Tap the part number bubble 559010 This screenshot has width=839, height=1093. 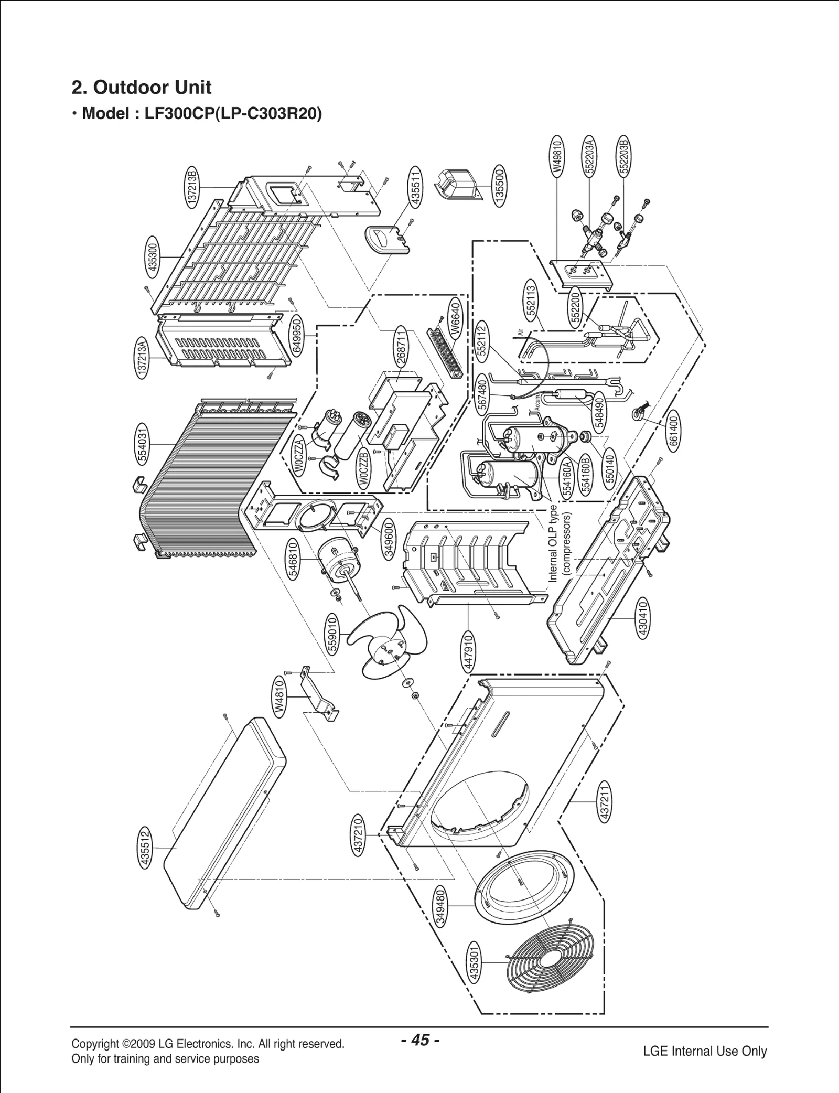point(332,635)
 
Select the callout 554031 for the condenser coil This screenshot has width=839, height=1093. point(143,445)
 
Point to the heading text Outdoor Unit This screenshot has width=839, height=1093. point(152,88)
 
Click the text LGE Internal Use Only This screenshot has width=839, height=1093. point(705,1051)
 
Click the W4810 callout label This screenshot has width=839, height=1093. point(279,695)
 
